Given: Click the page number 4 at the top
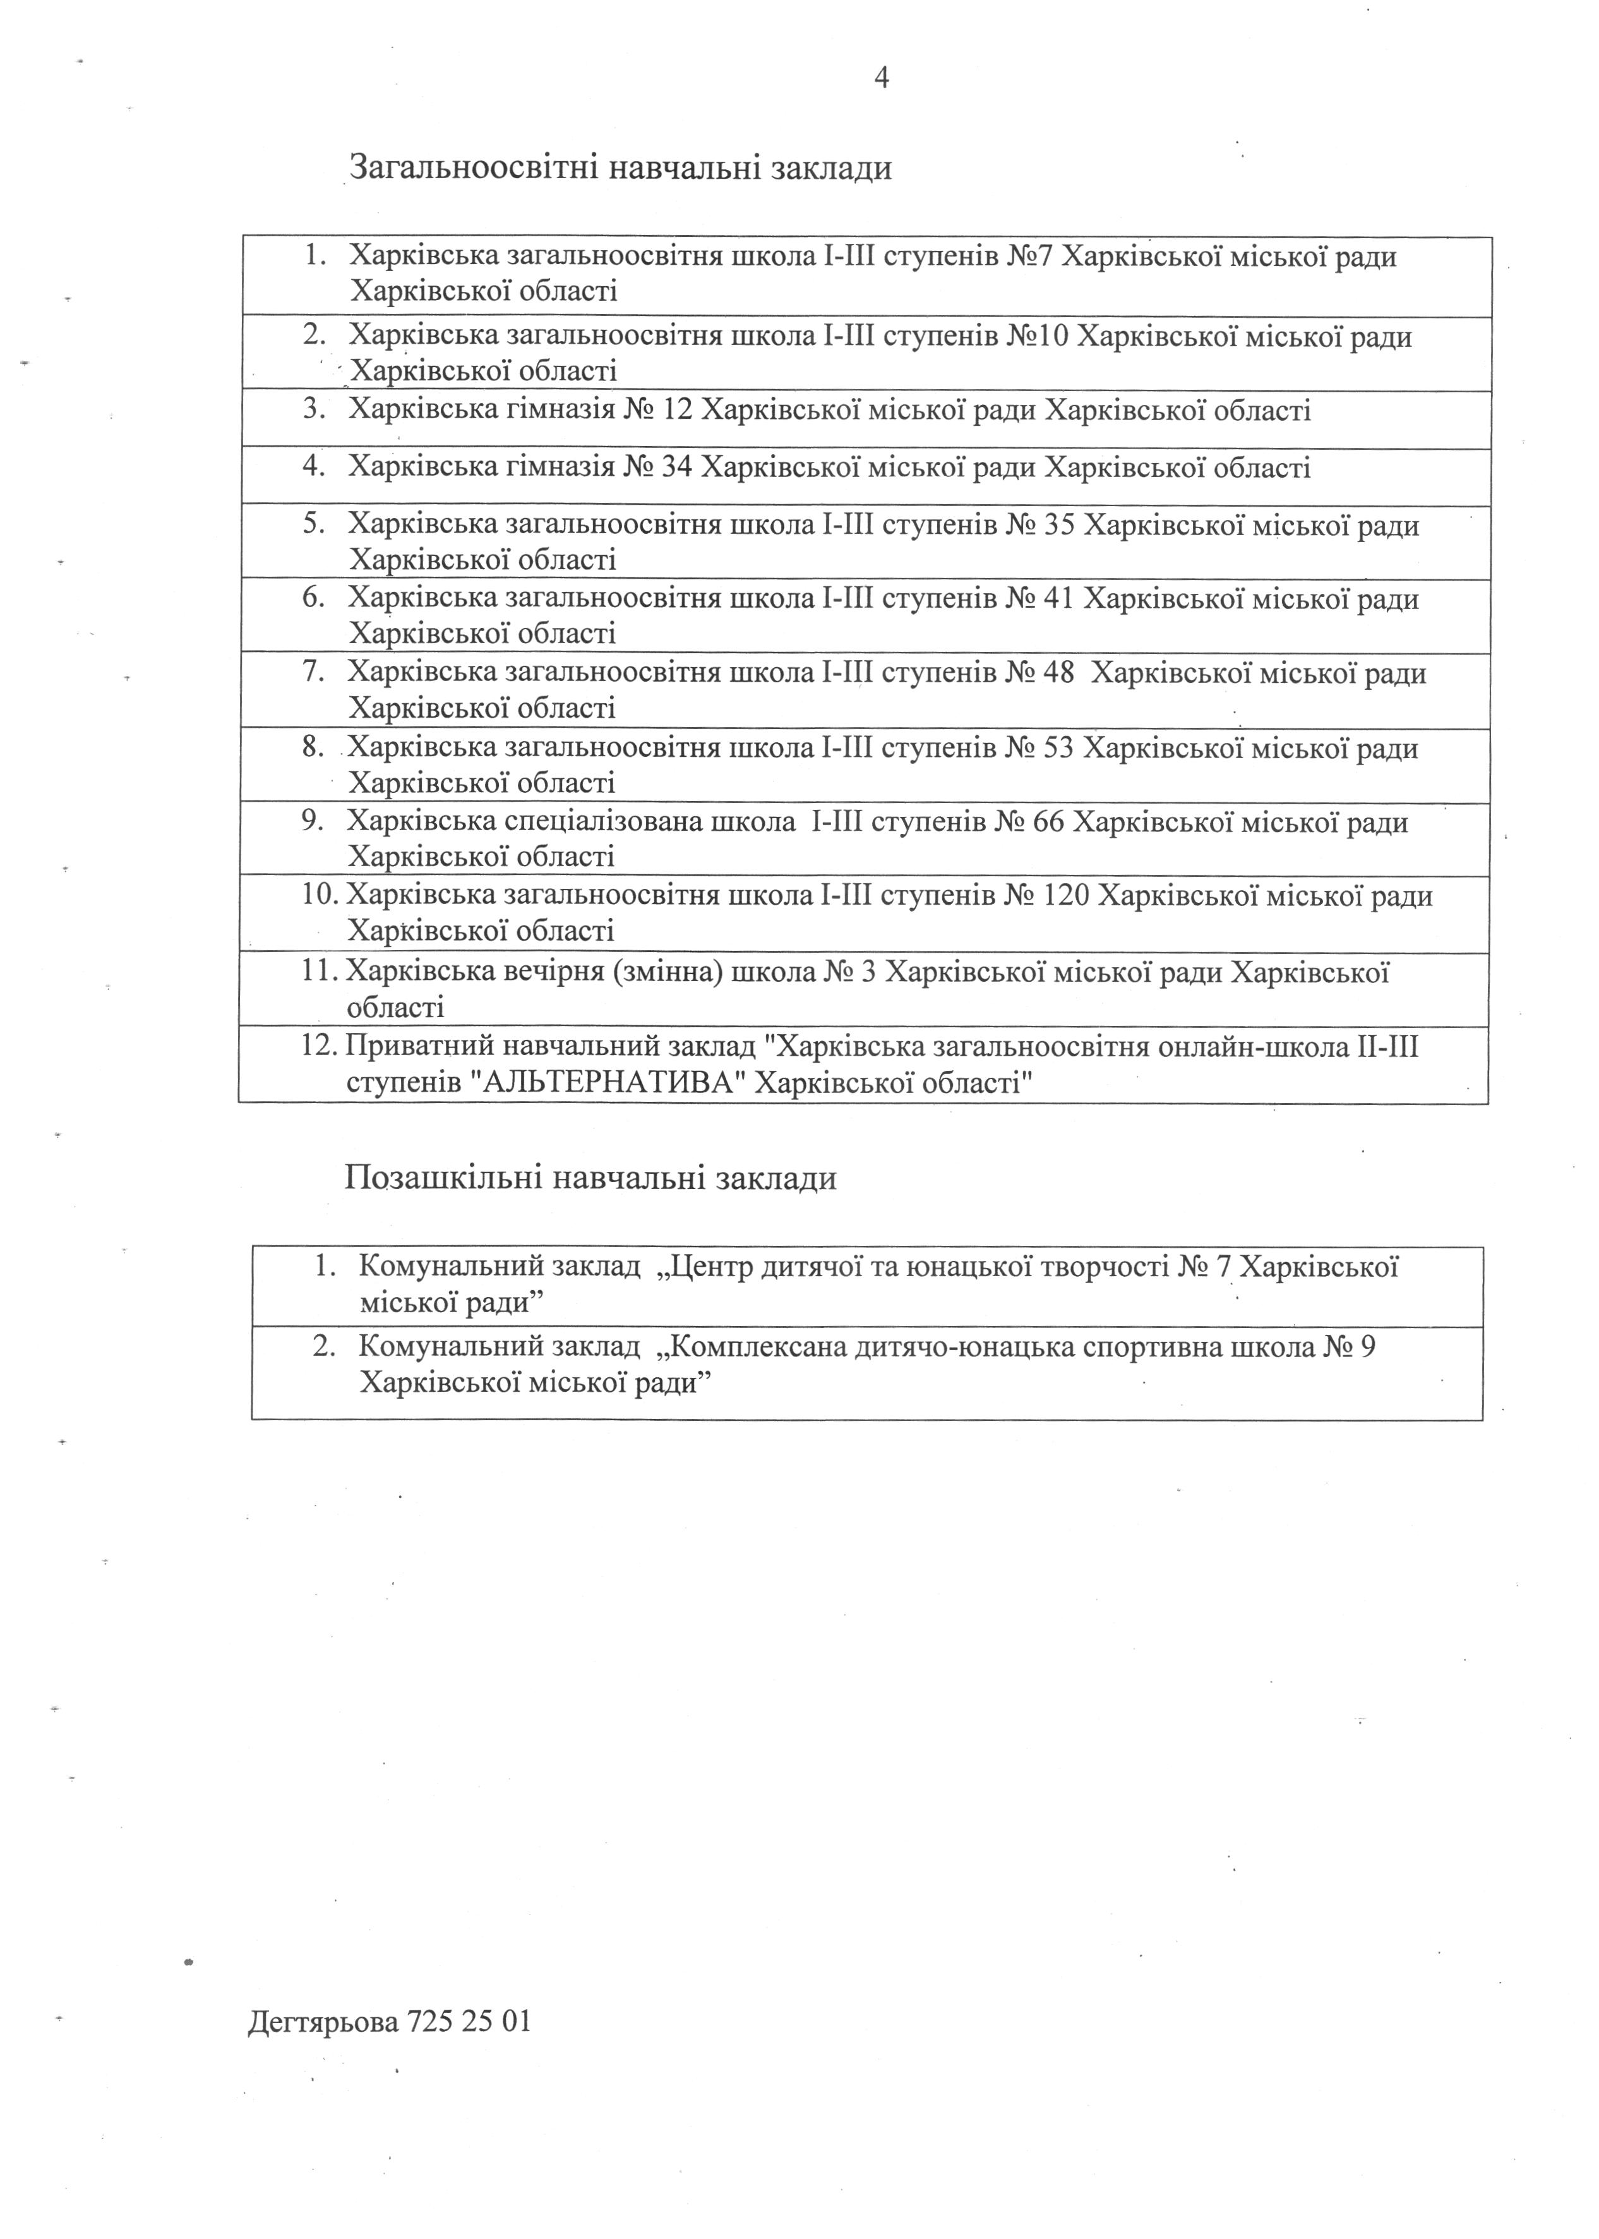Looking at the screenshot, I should click(881, 78).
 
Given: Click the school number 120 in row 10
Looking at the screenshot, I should click(1067, 896).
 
